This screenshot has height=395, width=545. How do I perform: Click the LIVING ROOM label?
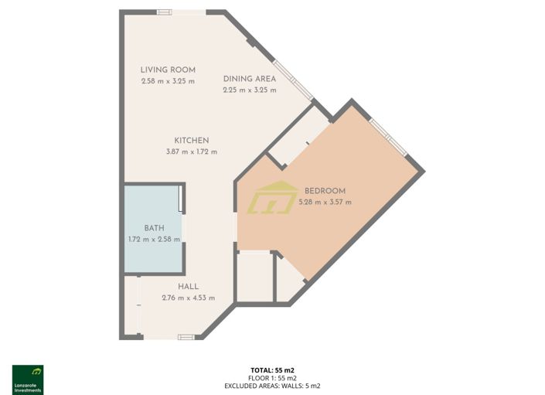point(168,70)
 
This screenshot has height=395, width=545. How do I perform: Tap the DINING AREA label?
point(250,79)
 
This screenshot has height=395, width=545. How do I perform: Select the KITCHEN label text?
point(192,141)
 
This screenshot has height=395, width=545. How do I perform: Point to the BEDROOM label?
point(325,191)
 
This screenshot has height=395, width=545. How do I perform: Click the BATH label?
point(154,228)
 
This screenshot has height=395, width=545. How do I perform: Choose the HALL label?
point(188,287)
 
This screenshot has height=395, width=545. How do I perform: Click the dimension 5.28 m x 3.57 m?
point(325,203)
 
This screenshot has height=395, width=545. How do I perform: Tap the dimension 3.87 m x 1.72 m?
point(192,152)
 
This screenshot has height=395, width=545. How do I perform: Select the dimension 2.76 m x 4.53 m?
point(188,298)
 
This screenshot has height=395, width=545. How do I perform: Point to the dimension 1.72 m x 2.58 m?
point(154,239)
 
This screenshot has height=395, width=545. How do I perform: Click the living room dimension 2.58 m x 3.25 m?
point(168,80)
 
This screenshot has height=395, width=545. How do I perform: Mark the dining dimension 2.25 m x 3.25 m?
point(250,90)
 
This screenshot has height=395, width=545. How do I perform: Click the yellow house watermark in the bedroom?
point(272,198)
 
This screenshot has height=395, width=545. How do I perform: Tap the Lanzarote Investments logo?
point(28,380)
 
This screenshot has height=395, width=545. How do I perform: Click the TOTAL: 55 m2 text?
point(272,370)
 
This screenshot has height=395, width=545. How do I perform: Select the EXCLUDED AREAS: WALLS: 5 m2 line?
point(272,385)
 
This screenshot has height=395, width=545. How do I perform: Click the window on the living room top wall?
point(165,12)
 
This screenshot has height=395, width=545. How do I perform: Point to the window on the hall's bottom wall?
point(186,337)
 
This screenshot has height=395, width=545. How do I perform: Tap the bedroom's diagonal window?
point(388,137)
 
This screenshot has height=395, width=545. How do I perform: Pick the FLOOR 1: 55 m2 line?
point(272,377)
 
